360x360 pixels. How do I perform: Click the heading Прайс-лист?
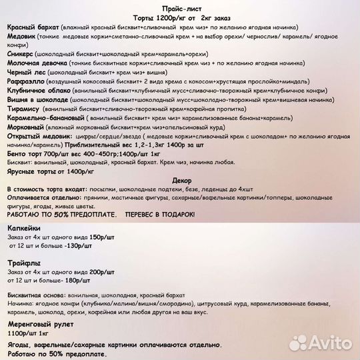coord(181,5)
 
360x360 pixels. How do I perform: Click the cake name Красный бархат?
coord(31,27)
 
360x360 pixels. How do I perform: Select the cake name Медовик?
coord(24,37)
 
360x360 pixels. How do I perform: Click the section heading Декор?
coord(181,181)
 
